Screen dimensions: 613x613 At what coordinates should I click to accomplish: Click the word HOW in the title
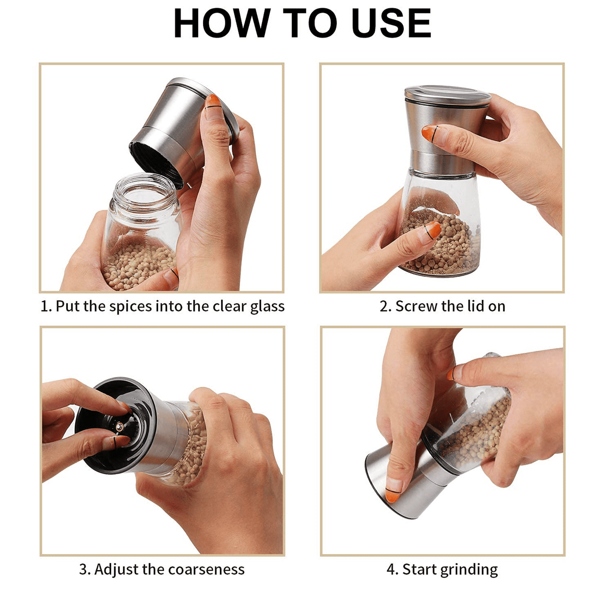(222, 23)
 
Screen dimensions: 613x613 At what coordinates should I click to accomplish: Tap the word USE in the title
(391, 23)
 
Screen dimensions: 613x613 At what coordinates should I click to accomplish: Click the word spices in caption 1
(130, 307)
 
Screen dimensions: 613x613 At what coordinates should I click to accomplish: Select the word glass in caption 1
(267, 307)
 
